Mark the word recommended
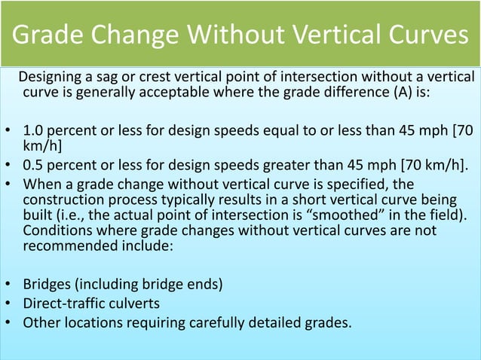pos(63,248)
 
